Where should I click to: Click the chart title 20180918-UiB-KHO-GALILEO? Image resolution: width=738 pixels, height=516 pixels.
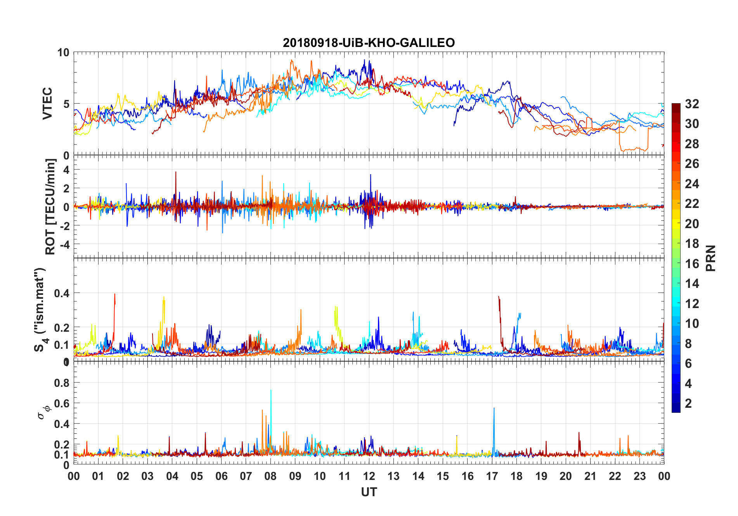pyautogui.click(x=369, y=43)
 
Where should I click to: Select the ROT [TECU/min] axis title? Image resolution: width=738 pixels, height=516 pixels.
pyautogui.click(x=50, y=206)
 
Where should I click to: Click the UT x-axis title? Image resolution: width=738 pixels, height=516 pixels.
pyautogui.click(x=369, y=492)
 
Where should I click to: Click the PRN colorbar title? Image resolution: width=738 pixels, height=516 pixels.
pyautogui.click(x=711, y=258)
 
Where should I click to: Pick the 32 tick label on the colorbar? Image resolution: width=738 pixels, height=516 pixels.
pyautogui.click(x=692, y=104)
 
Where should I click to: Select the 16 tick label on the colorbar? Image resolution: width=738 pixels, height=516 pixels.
pyautogui.click(x=692, y=264)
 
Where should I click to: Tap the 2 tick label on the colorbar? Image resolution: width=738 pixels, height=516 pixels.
pyautogui.click(x=688, y=403)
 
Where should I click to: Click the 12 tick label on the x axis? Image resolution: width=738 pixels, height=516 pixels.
pyautogui.click(x=369, y=476)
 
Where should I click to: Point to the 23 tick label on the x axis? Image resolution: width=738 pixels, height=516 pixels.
pyautogui.click(x=639, y=476)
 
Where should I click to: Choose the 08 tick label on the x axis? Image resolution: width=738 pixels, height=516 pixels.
pyautogui.click(x=270, y=476)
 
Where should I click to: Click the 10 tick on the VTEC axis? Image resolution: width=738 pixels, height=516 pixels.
pyautogui.click(x=63, y=52)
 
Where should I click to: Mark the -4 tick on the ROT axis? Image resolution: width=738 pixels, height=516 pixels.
pyautogui.click(x=66, y=244)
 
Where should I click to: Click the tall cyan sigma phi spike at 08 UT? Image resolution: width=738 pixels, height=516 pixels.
pyautogui.click(x=271, y=392)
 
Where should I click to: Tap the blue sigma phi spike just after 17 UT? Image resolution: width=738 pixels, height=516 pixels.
pyautogui.click(x=494, y=410)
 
